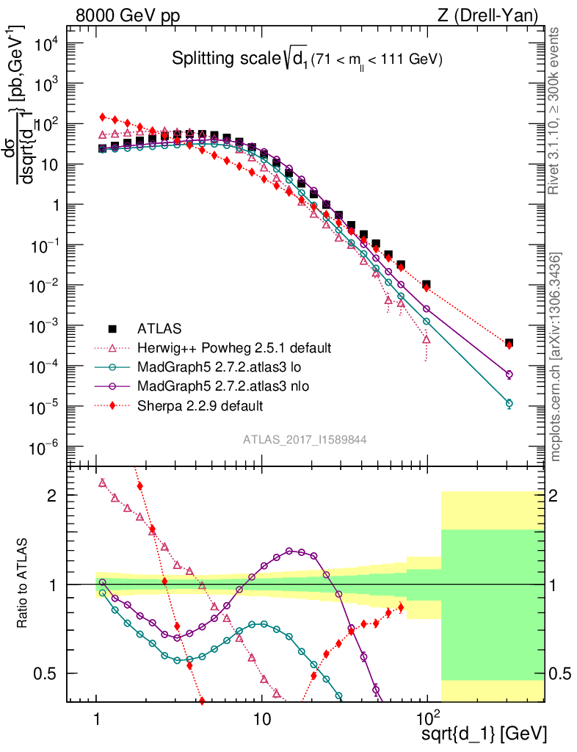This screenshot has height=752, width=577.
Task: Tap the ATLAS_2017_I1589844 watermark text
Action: point(305,440)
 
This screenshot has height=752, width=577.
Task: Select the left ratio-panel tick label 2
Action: point(53,496)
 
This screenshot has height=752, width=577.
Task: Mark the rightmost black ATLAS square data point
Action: point(509,343)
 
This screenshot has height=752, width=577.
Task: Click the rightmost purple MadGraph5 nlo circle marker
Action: point(509,375)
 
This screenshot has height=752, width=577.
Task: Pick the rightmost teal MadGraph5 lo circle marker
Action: point(509,403)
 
